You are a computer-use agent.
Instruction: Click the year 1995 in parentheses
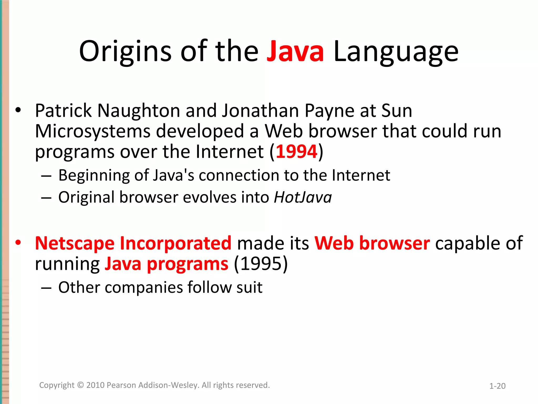pyautogui.click(x=261, y=264)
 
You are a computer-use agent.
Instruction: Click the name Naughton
pyautogui.click(x=139, y=110)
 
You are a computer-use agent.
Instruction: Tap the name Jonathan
pyautogui.click(x=260, y=110)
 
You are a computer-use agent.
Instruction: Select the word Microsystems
pyautogui.click(x=93, y=132)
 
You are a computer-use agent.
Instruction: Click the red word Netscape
pyautogui.click(x=75, y=243)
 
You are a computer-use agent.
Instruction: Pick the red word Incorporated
pyautogui.click(x=175, y=243)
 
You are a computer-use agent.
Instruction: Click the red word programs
pyautogui.click(x=188, y=264)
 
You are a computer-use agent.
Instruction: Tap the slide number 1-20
pyautogui.click(x=497, y=386)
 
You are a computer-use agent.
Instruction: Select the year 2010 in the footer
pyautogui.click(x=95, y=385)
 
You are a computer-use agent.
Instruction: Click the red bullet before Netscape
pyautogui.click(x=18, y=243)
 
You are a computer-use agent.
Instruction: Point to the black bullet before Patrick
pyautogui.click(x=18, y=110)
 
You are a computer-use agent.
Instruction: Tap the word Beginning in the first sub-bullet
pyautogui.click(x=94, y=176)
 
